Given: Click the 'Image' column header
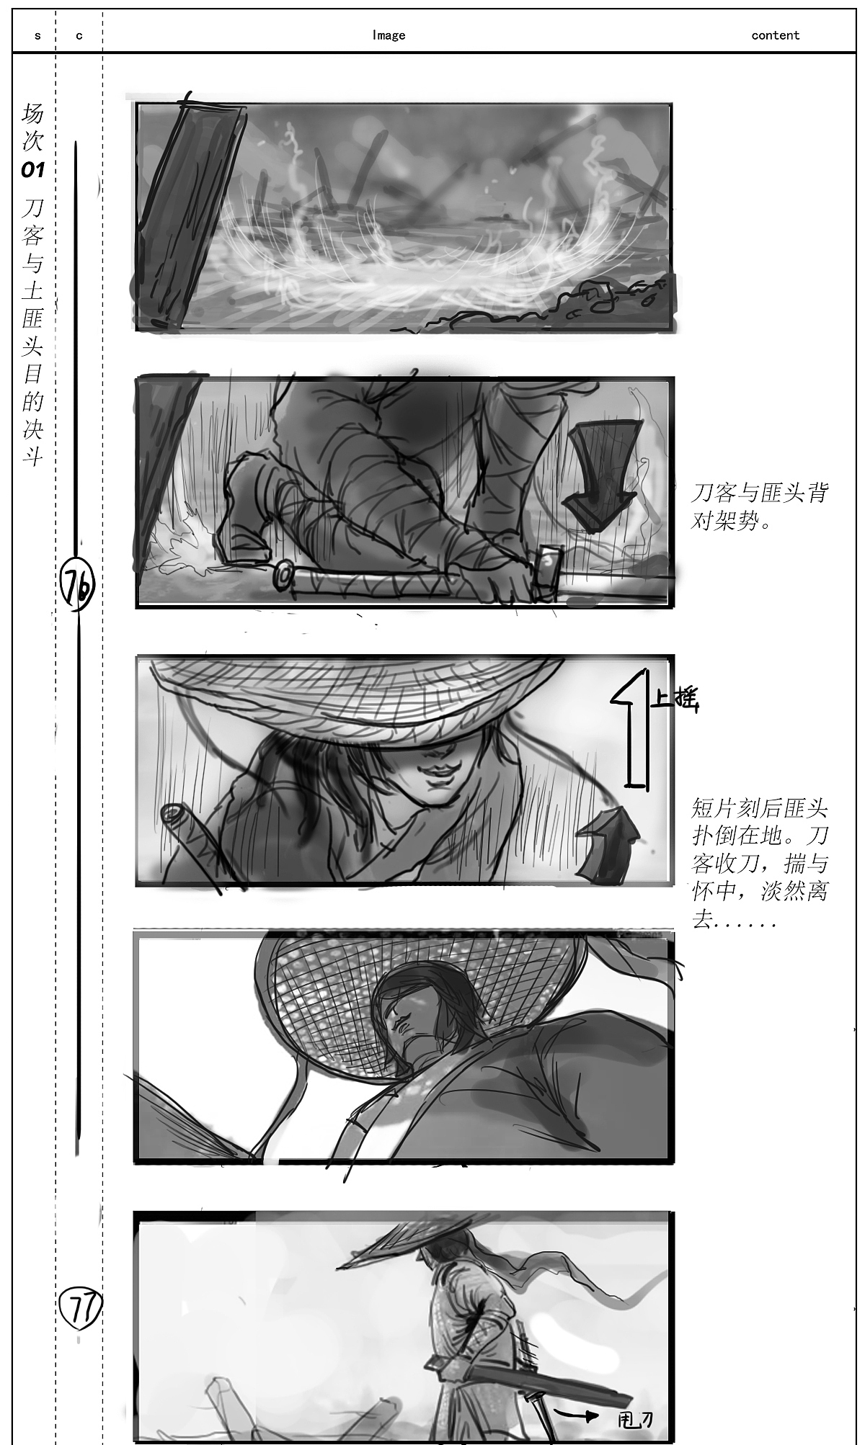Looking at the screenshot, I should click(x=389, y=35).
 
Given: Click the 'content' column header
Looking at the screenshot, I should click(x=775, y=35).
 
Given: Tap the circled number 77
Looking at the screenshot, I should click(x=79, y=1309).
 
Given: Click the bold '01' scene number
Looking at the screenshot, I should click(x=32, y=170).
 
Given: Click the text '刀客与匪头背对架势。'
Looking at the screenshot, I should click(x=759, y=506).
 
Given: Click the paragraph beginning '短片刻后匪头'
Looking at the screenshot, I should click(x=760, y=863).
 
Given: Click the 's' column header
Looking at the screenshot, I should click(x=37, y=35).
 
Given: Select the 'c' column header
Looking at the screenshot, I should click(x=79, y=35).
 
